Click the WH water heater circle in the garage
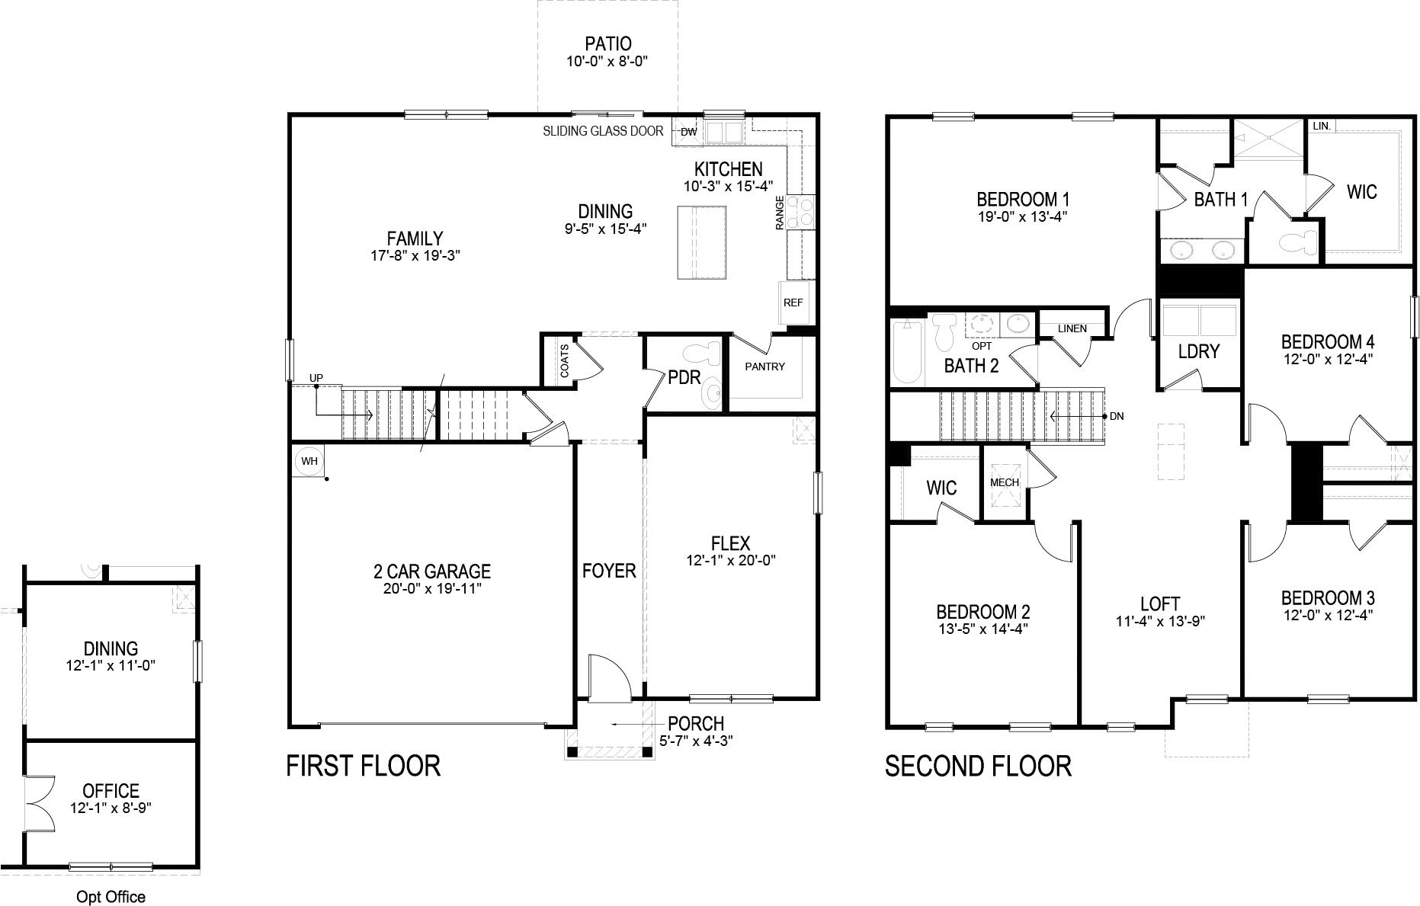tap(309, 461)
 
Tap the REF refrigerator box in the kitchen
tap(793, 303)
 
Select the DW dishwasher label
tap(688, 133)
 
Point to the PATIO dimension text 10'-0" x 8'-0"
tap(607, 62)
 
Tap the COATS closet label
tap(564, 361)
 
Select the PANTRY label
tap(764, 367)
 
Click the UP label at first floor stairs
tap(316, 378)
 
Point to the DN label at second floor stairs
tap(1117, 416)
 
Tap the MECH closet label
tap(1004, 482)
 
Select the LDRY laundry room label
tap(1199, 351)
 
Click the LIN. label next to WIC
tap(1322, 126)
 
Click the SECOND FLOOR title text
tap(978, 766)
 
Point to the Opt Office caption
tap(111, 897)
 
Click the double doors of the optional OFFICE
tap(38, 805)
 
